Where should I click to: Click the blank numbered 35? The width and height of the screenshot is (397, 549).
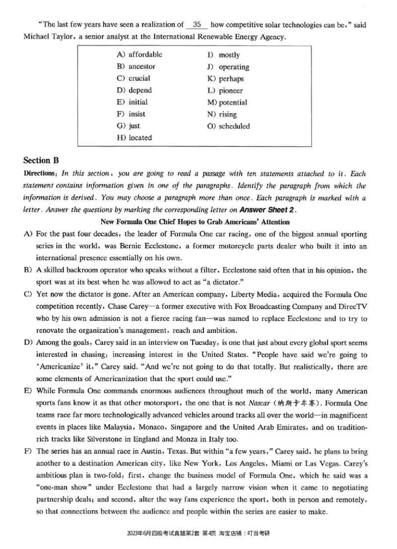197,24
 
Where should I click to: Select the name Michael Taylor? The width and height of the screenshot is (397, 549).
47,37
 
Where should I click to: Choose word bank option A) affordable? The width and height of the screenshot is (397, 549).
139,55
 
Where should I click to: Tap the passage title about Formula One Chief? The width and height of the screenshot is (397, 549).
195,221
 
